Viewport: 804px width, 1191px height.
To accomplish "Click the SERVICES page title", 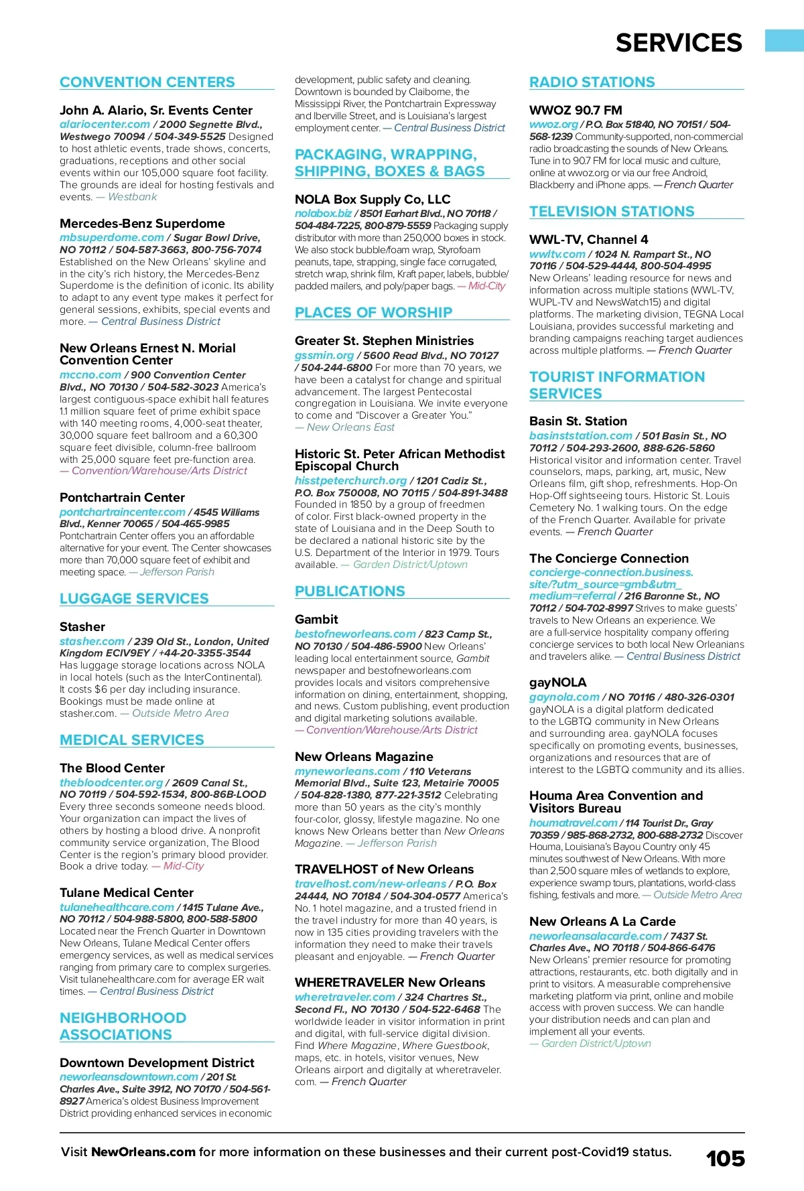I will click(678, 43).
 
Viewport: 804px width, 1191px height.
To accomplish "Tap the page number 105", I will click(725, 1158).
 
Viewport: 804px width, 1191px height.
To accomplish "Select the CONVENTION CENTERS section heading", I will click(147, 82).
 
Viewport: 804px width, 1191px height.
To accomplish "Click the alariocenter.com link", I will click(105, 125).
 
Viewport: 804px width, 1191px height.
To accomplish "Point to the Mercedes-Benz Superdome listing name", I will click(142, 224).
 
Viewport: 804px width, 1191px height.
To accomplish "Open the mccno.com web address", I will click(90, 375).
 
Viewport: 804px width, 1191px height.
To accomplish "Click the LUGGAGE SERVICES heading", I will click(134, 599).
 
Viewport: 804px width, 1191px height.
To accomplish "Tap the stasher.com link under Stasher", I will click(92, 642).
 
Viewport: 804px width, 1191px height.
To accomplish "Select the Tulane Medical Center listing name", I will click(127, 893).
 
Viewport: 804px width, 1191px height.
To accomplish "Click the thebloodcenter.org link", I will click(111, 782).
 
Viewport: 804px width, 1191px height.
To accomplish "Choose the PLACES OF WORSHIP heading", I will click(373, 313).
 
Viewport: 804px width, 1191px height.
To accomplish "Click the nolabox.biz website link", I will click(323, 214).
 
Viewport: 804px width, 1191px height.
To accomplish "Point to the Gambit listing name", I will click(316, 620).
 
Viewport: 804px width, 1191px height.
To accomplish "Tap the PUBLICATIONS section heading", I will click(350, 591).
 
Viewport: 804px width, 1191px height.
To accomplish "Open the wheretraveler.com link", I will click(344, 997).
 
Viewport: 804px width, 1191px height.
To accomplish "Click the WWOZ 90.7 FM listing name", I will click(576, 111).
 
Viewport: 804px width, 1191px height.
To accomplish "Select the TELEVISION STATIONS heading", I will click(612, 212).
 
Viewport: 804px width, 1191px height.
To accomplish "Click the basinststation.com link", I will click(580, 436).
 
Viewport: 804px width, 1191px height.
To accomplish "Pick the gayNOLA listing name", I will click(557, 683).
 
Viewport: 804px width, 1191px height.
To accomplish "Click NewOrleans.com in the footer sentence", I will click(143, 1152).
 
